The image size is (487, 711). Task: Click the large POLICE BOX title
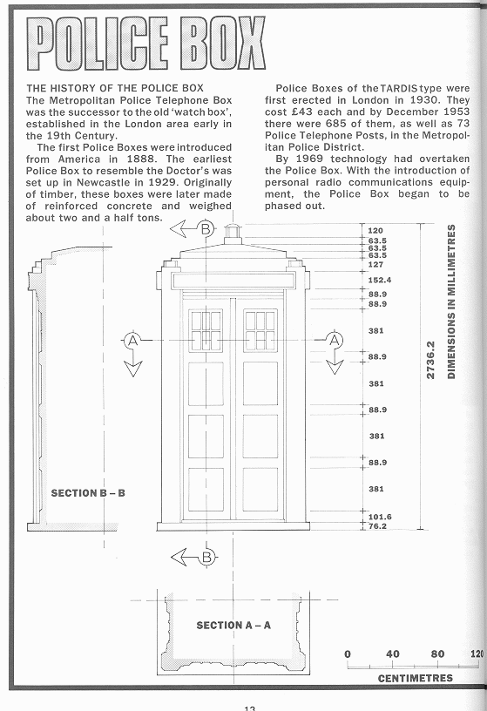point(145,43)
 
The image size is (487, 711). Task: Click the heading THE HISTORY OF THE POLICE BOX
point(115,88)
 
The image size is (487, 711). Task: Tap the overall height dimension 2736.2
point(430,360)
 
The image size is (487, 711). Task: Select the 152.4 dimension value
point(380,280)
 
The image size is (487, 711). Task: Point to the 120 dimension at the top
point(375,230)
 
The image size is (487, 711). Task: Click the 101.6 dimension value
point(380,517)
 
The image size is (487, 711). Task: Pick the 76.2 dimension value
point(377,526)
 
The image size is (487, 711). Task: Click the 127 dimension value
point(375,264)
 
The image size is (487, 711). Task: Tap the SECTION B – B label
point(88,493)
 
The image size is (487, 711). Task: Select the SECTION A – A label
point(233,626)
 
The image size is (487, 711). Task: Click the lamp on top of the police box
point(233,231)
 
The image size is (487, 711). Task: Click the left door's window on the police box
point(206,330)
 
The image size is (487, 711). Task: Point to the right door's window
point(260,330)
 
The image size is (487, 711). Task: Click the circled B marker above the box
point(206,229)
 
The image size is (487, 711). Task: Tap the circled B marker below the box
point(206,557)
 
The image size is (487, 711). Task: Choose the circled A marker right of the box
point(335,340)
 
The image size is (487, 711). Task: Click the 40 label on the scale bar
point(393,653)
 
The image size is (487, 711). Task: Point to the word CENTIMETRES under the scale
point(416,679)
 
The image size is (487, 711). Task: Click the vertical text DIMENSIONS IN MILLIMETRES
point(451,301)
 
